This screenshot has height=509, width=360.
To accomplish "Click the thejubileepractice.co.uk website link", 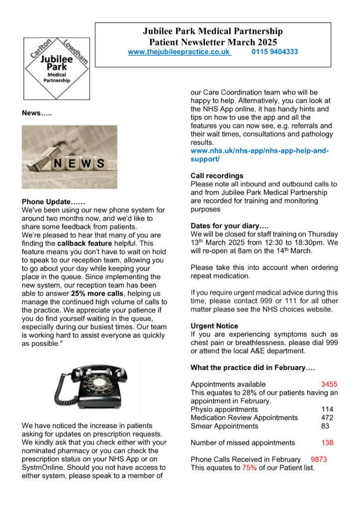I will pyautogui.click(x=180, y=51).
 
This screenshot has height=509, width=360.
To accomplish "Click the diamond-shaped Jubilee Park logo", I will pyautogui.click(x=56, y=68).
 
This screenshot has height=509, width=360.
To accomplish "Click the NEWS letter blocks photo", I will pyautogui.click(x=70, y=157).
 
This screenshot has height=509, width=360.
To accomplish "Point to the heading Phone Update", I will pyautogui.click(x=53, y=202).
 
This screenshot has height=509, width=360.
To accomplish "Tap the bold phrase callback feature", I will pyautogui.click(x=85, y=243).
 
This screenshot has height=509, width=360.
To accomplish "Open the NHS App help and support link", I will pyautogui.click(x=260, y=155).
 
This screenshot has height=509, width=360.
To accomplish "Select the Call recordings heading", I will pyautogui.click(x=217, y=175).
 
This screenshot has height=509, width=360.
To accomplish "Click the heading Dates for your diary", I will pyautogui.click(x=229, y=226).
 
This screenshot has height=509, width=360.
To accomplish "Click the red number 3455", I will pyautogui.click(x=329, y=384).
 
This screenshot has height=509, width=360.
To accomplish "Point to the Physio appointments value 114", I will pyautogui.click(x=327, y=409).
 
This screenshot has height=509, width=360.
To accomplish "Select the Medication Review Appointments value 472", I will pyautogui.click(x=327, y=418).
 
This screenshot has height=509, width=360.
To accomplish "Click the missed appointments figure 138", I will pyautogui.click(x=327, y=442).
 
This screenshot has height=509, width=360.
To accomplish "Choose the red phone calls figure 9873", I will pyautogui.click(x=319, y=459).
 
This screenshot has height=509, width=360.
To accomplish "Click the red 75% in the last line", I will pyautogui.click(x=250, y=468).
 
